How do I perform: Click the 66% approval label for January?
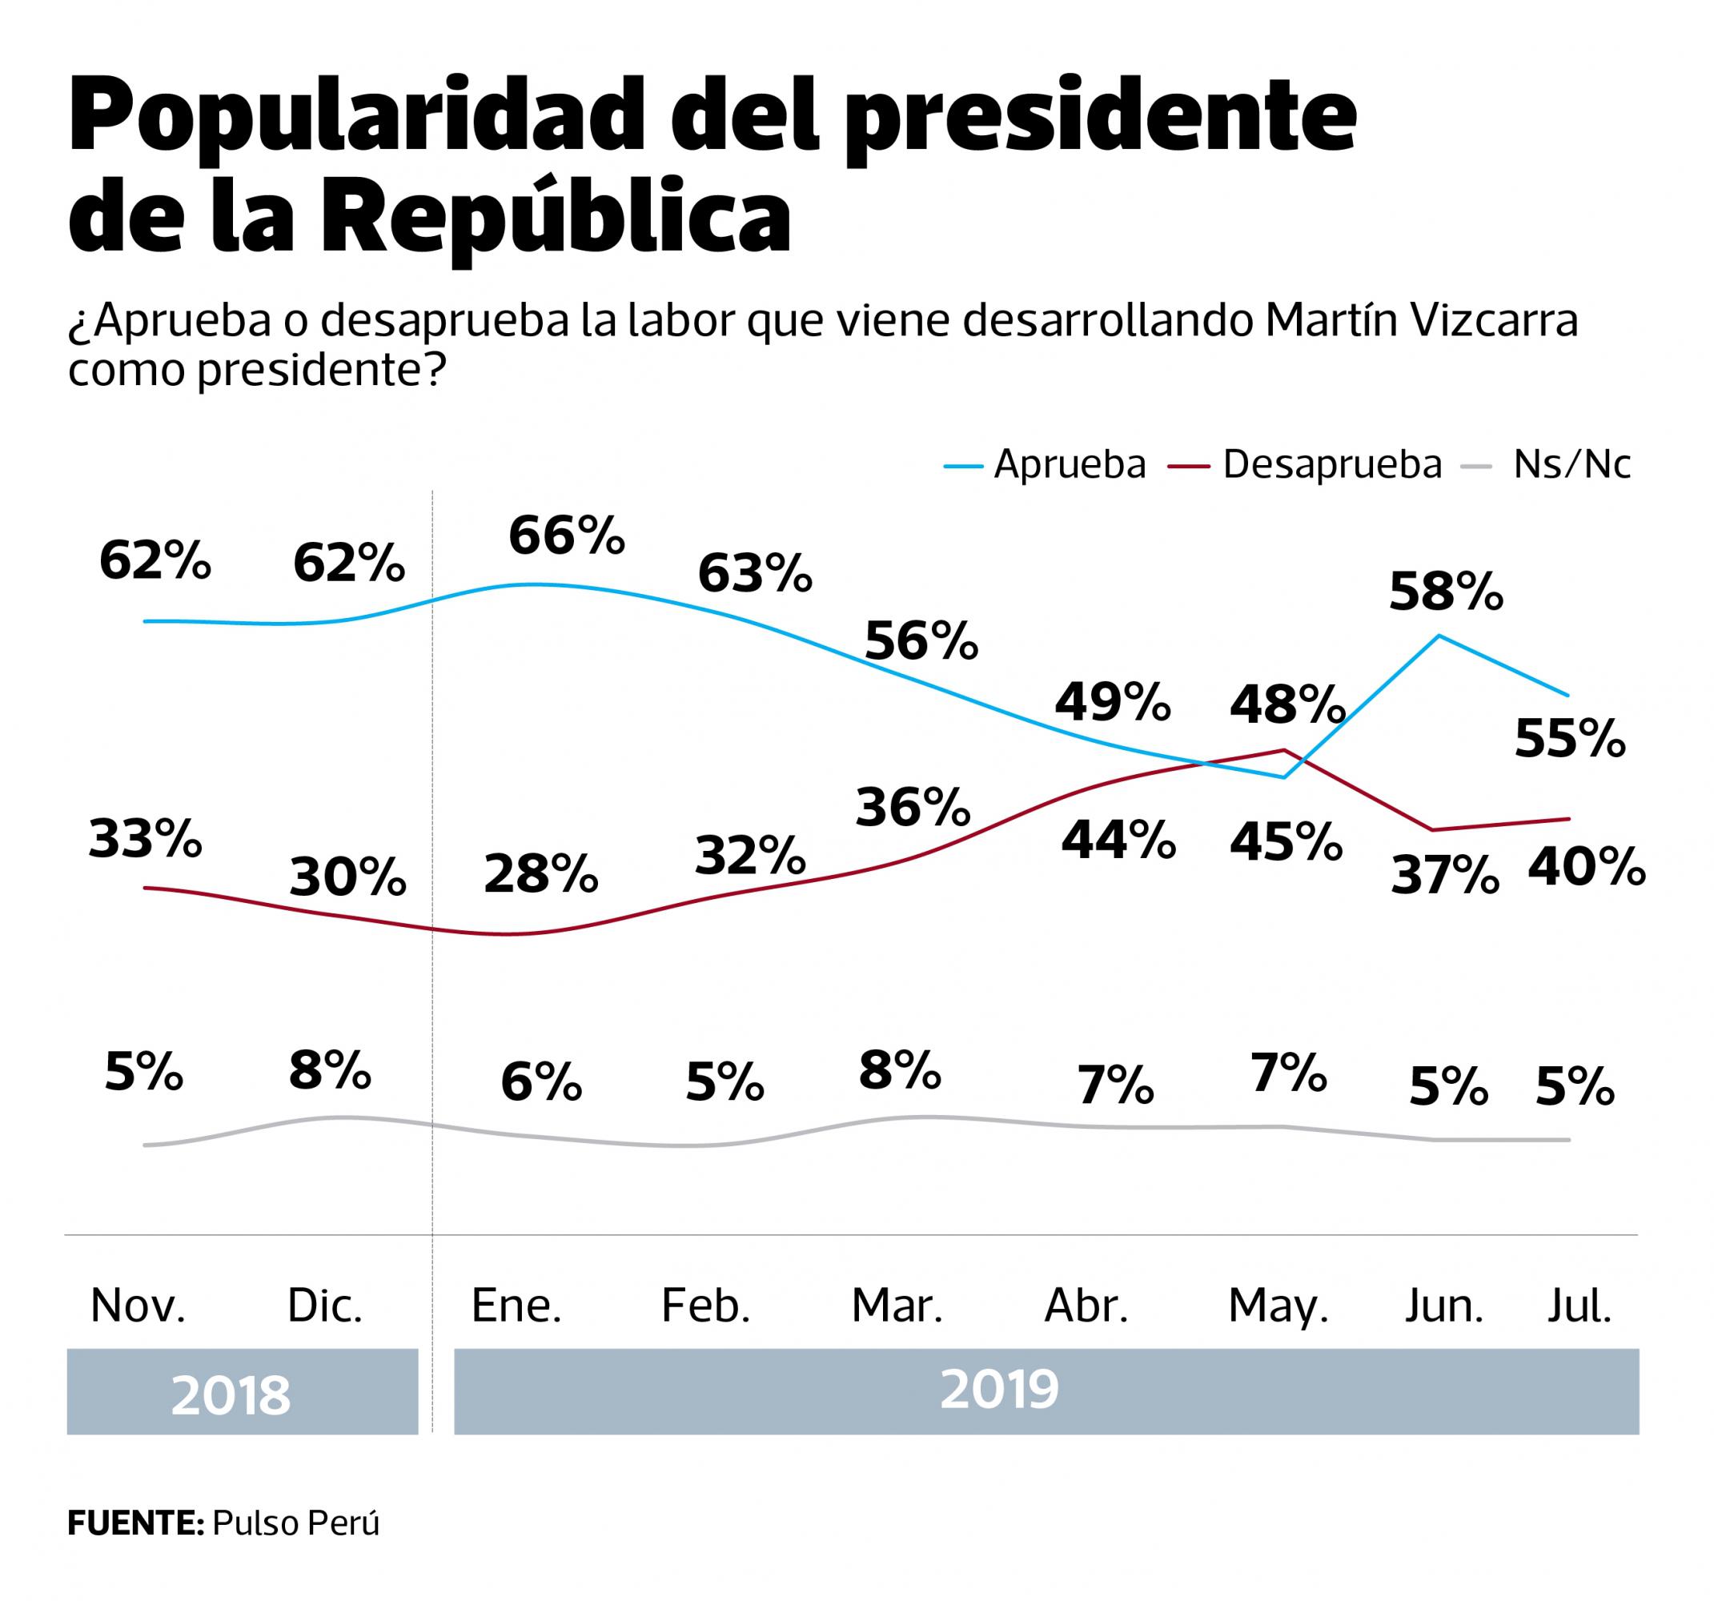coord(567,536)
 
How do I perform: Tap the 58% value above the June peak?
coord(1446,592)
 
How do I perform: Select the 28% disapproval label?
coord(540,874)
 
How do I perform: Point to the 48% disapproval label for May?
coord(1287,704)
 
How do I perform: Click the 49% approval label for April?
coord(1113,701)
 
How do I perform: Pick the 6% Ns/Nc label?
coord(540,1083)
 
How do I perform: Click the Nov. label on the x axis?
coord(138,1306)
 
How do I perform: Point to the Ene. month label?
coord(516,1306)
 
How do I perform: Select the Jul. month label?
coord(1579,1306)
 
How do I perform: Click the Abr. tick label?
coord(1086,1306)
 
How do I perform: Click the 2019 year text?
coord(999,1389)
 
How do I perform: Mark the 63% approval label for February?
coord(755,573)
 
